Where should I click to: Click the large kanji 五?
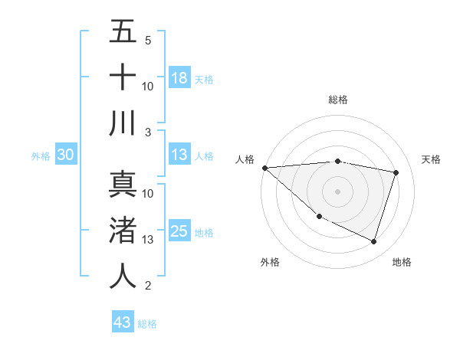click(123, 32)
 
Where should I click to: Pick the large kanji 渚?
click(123, 231)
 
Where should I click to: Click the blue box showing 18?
click(179, 77)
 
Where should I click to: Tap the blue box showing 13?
click(179, 155)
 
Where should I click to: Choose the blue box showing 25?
click(179, 231)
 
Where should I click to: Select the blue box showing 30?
click(65, 155)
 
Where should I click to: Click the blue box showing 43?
click(123, 322)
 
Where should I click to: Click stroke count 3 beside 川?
click(147, 132)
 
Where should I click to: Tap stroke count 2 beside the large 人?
click(147, 286)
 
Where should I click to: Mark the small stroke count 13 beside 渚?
click(148, 240)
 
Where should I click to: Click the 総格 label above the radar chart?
click(337, 100)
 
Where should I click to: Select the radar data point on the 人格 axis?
click(264, 168)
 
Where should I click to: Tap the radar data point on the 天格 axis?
click(396, 172)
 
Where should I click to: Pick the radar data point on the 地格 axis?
click(373, 241)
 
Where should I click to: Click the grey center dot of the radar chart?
click(337, 191)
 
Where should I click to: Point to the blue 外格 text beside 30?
click(41, 155)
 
